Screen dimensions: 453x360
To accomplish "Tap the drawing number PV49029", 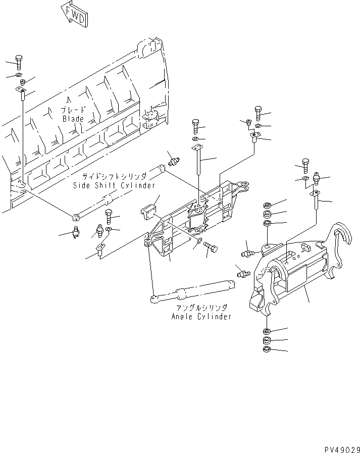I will click(340, 447).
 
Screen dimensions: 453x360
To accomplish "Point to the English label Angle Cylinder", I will click(201, 316).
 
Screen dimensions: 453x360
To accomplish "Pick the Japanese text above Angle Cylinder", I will click(201, 307).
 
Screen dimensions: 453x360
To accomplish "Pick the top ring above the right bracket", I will click(267, 205).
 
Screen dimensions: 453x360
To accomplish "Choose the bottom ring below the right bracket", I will click(267, 350).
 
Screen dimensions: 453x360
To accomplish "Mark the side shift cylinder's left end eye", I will click(76, 217).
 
